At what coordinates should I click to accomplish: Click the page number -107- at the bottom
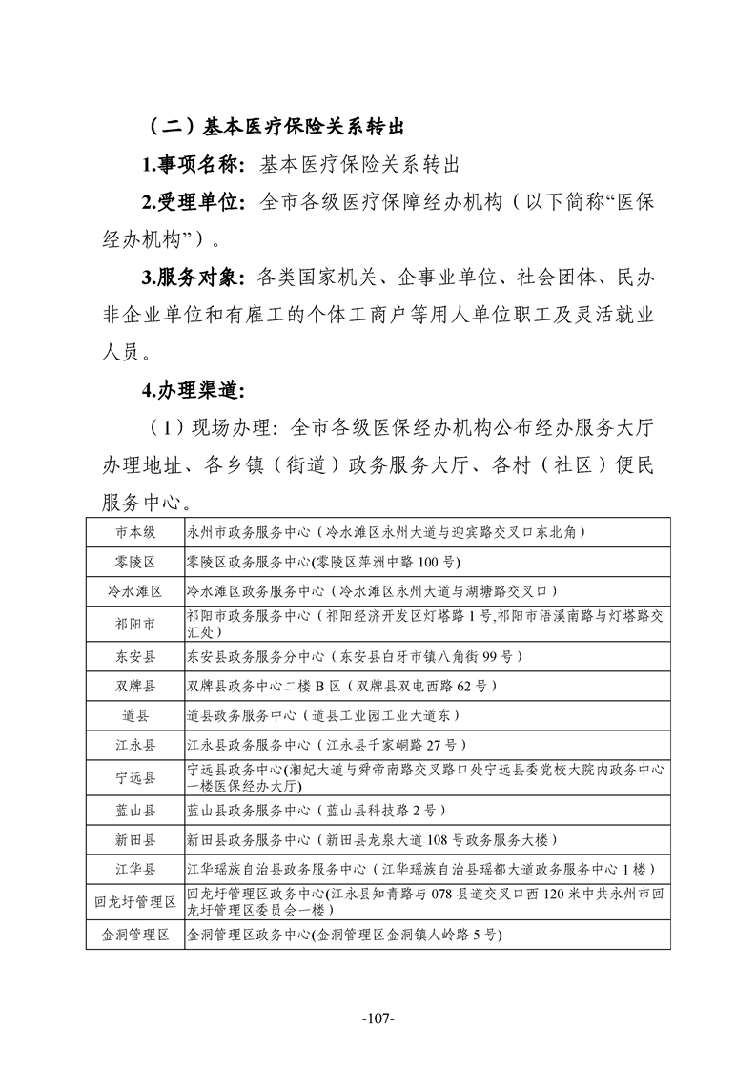(378, 1019)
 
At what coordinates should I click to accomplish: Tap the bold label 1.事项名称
(194, 165)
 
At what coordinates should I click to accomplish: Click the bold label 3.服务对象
(194, 278)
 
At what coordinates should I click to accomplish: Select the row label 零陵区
(135, 562)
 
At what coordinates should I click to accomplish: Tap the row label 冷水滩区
(135, 591)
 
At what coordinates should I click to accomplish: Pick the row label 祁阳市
(135, 624)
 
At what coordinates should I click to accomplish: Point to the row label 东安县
(135, 656)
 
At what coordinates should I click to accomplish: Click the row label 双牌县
(135, 686)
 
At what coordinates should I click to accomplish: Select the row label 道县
(135, 714)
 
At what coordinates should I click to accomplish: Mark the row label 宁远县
(135, 777)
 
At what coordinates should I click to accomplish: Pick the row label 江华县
(135, 869)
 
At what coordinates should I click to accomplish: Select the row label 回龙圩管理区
(135, 902)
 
